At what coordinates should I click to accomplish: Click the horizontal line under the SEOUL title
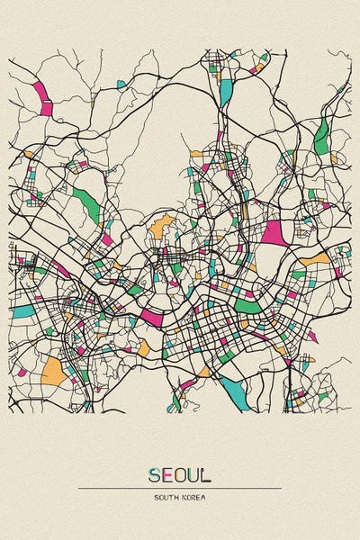(180, 488)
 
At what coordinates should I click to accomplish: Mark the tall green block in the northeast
(321, 136)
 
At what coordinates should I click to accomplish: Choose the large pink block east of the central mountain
(274, 232)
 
